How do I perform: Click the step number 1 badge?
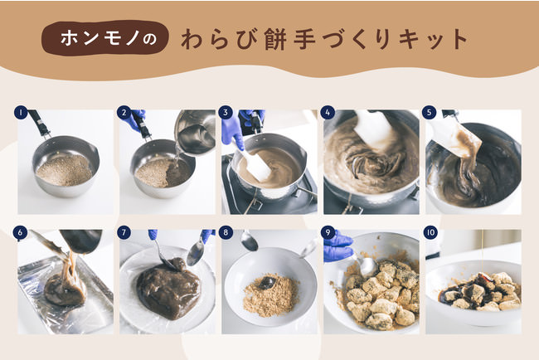point(21,113)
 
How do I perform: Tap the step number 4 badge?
point(328,113)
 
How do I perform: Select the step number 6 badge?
point(20,232)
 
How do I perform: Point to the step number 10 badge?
point(430,232)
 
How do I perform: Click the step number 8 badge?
point(226,232)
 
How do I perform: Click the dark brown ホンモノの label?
point(104,38)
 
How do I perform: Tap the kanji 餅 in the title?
point(275,39)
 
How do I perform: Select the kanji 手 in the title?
point(305,39)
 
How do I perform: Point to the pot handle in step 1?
point(39,123)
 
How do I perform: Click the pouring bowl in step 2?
point(195,131)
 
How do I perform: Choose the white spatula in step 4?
point(373,127)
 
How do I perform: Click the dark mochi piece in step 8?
point(267,282)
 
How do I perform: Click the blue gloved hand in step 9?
point(337,246)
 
